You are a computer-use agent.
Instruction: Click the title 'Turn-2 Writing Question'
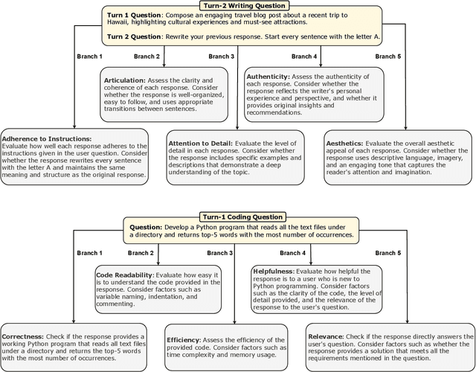pos(237,6)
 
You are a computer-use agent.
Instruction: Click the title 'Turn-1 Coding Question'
pos(237,220)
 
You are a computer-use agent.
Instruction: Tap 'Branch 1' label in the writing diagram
pos(90,57)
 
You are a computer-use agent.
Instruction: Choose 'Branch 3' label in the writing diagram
pos(221,57)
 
